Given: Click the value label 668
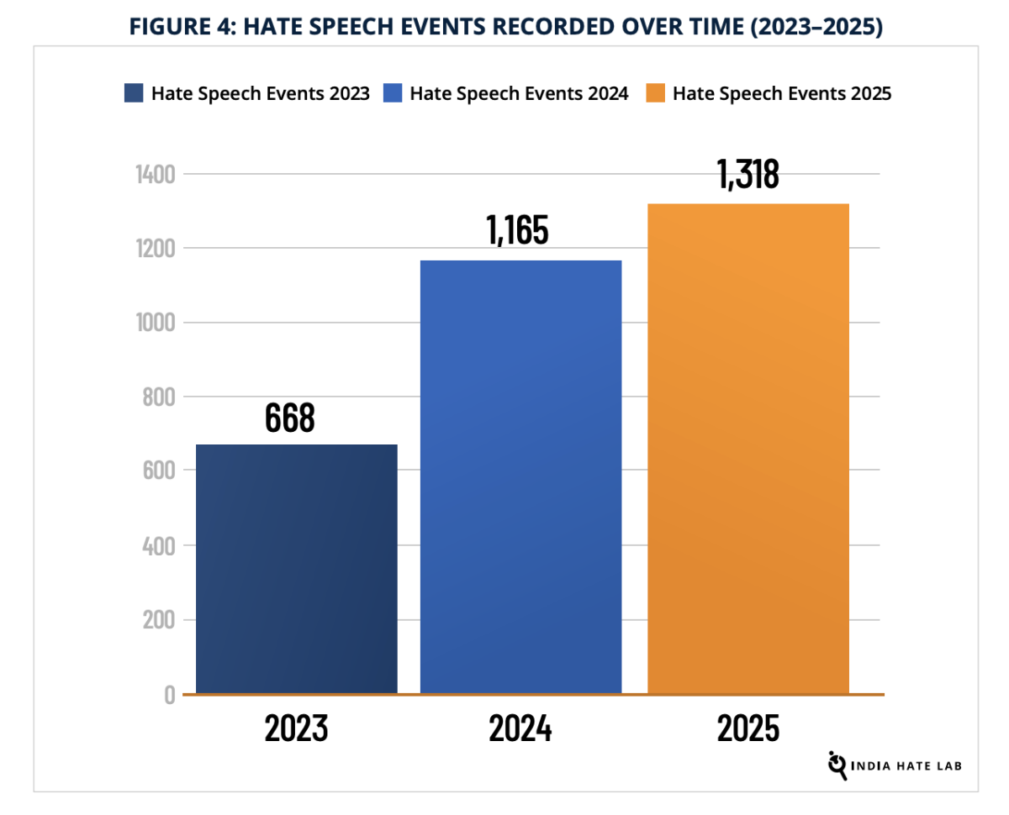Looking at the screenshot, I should [x=289, y=418].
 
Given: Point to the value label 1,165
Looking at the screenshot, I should [x=517, y=230].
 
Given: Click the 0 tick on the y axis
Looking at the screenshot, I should [x=169, y=695].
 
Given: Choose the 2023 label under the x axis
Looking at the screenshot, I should [x=296, y=728].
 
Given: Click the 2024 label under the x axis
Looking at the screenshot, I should [x=520, y=728].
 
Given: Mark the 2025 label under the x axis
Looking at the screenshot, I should [x=748, y=728].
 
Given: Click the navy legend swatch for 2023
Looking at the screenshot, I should [x=134, y=93].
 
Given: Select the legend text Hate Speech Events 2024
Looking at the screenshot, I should [x=519, y=93].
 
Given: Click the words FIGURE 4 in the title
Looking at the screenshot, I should [x=177, y=27].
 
